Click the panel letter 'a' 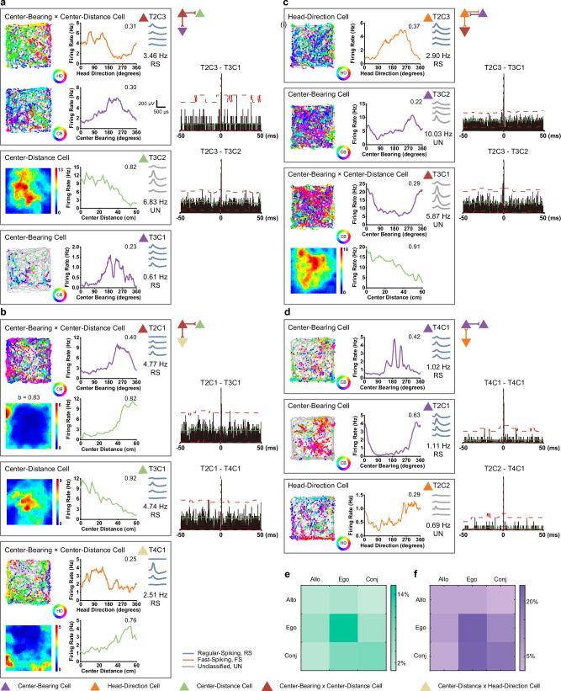(x=4, y=4)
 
